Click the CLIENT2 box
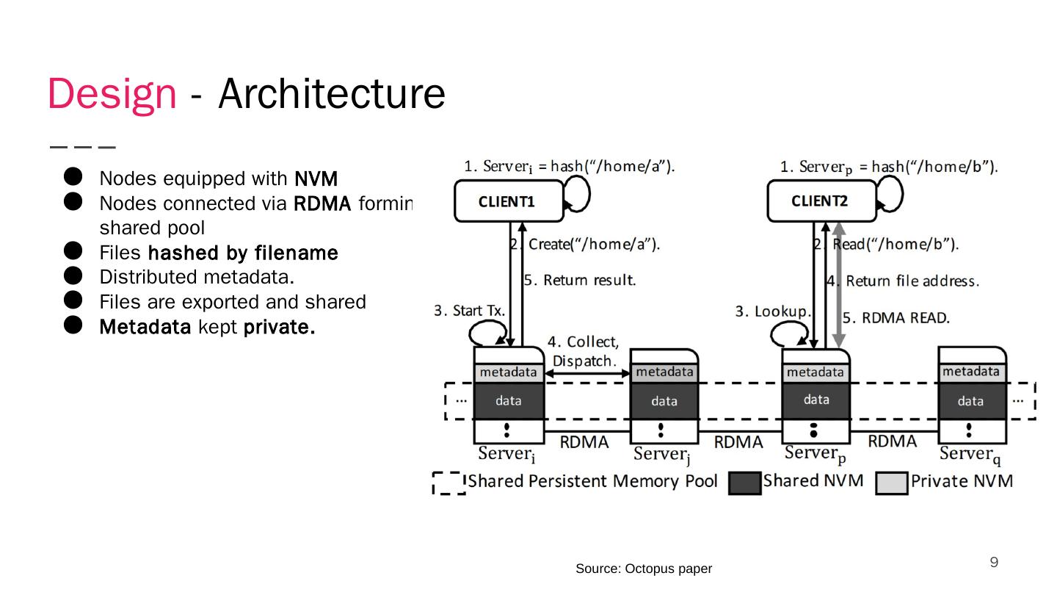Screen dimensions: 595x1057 [821, 201]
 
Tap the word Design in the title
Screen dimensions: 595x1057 [112, 94]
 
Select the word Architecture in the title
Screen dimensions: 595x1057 [332, 94]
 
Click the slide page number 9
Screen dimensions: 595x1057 [994, 563]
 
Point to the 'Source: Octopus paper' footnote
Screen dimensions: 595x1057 [643, 569]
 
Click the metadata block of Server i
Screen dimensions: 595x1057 [509, 373]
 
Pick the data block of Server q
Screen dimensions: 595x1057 [970, 401]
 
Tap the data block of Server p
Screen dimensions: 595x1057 [816, 400]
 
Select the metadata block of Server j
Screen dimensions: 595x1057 [664, 372]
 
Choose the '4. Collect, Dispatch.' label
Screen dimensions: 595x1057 [584, 351]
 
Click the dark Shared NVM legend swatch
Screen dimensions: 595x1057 [744, 483]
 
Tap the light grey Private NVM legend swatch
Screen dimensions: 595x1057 [891, 483]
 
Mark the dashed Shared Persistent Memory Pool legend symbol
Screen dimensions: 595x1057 [448, 483]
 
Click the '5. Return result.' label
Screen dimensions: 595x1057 [579, 280]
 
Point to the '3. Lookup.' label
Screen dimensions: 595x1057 [773, 312]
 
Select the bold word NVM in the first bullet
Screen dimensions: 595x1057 [316, 178]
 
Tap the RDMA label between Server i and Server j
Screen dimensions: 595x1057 [584, 442]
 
